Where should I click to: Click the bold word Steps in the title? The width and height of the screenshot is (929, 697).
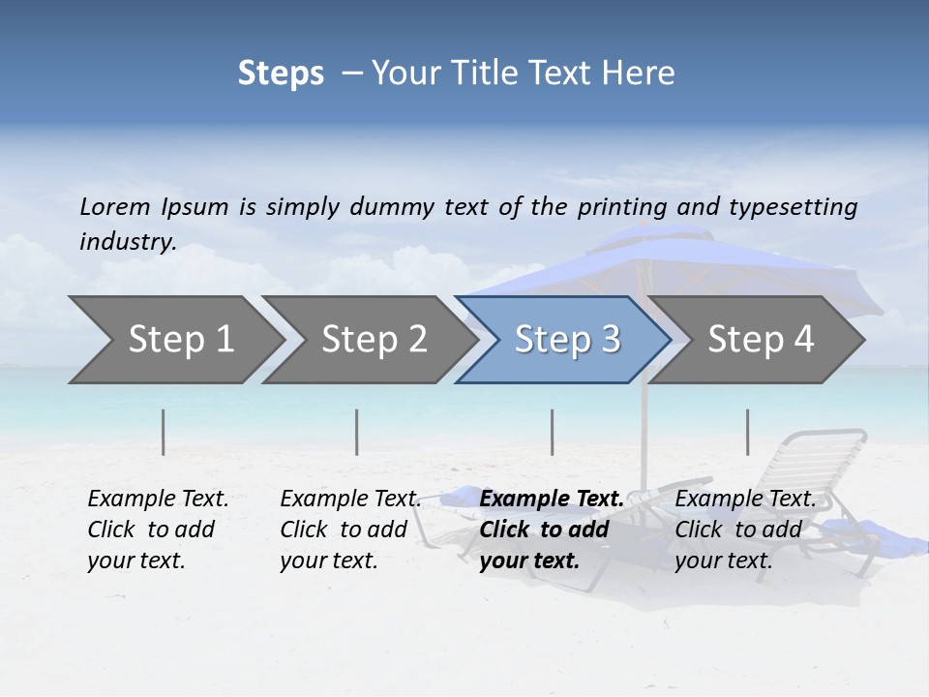281,74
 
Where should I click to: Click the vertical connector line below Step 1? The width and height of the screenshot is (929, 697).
164,432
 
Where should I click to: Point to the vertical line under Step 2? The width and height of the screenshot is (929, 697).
357,432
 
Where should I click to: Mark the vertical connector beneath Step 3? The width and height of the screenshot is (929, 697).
553,432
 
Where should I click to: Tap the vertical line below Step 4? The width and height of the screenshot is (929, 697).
747,432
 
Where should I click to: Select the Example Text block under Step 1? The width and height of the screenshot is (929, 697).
158,530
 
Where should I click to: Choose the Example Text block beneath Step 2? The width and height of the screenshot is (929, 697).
350,530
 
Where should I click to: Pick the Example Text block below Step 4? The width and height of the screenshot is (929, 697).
745,530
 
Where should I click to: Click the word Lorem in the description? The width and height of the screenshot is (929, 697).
115,207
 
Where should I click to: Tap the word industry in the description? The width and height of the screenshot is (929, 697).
128,242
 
